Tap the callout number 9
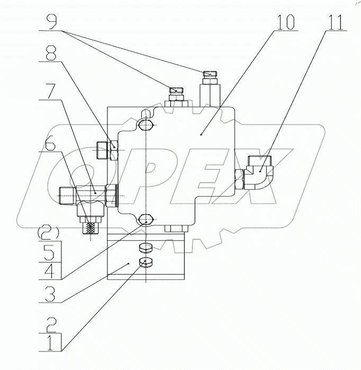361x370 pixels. (51, 22)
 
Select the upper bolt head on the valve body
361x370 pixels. (146, 126)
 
